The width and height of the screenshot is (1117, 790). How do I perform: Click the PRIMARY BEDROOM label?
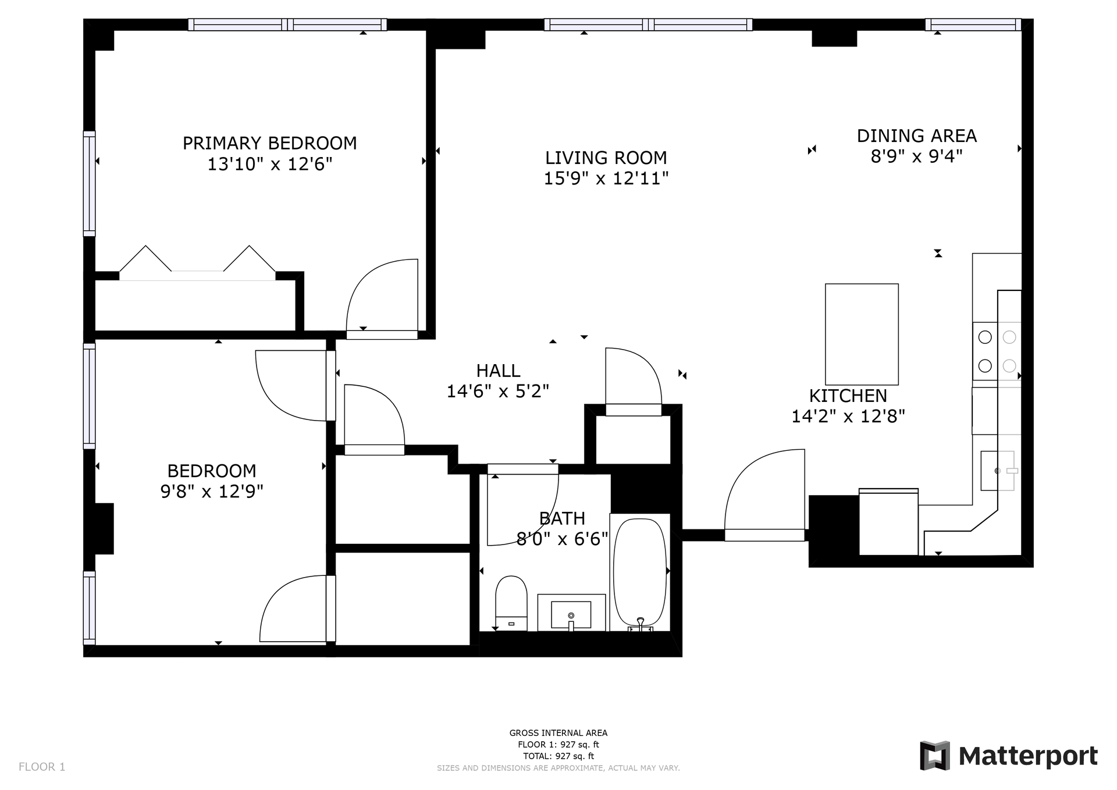pos(269,143)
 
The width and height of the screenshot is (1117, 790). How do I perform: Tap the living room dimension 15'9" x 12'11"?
pos(606,179)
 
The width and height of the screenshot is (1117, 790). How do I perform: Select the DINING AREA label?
pos(916,136)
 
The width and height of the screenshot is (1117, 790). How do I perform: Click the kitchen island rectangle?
pos(861,334)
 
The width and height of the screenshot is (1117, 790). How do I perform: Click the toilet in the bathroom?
pos(511,602)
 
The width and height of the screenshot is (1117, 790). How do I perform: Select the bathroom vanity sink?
pos(571,614)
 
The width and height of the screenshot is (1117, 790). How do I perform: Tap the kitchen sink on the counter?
pos(997,470)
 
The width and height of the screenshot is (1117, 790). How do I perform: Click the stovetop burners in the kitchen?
pos(997,351)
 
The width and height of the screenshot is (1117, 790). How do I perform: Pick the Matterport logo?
pos(1008,756)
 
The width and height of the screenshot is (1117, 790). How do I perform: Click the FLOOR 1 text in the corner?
pos(42,767)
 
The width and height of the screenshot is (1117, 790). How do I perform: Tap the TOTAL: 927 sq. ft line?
pos(558,756)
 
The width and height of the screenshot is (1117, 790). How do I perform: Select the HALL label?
pos(498,371)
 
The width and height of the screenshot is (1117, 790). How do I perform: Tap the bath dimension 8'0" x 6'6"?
pos(562,539)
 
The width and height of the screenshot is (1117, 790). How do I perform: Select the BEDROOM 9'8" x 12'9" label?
pos(212,481)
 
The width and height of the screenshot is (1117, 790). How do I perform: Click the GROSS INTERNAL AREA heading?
pos(558,733)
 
